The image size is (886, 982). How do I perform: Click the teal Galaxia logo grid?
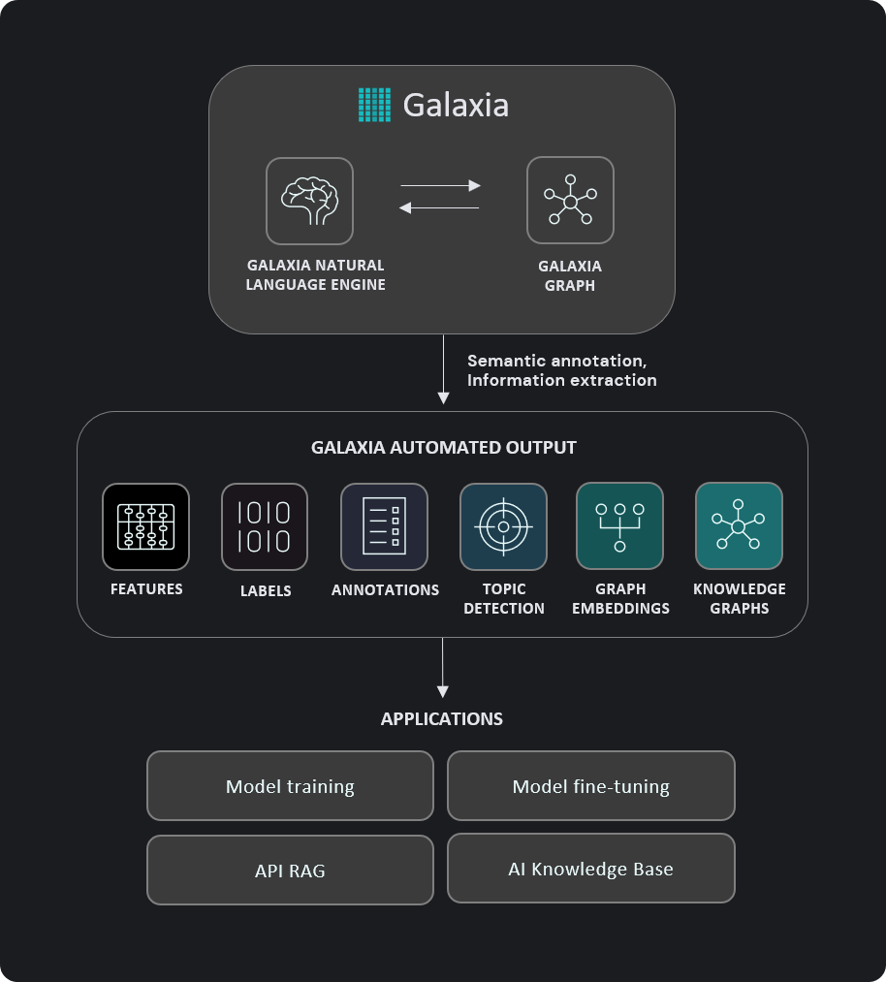tap(374, 105)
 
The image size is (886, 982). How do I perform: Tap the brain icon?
tap(309, 201)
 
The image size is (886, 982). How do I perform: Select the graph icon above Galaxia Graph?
tap(570, 201)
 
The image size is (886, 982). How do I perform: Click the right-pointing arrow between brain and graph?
tap(441, 185)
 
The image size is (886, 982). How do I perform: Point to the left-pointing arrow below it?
tap(440, 207)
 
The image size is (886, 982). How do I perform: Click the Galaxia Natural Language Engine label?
tap(315, 274)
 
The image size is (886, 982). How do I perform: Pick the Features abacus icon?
tap(145, 526)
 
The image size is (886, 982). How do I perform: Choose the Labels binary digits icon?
tap(265, 526)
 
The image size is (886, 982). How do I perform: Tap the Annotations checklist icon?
tap(384, 526)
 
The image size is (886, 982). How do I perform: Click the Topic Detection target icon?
tap(503, 526)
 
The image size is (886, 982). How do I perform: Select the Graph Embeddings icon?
tap(619, 526)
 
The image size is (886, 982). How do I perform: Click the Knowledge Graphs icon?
tap(739, 526)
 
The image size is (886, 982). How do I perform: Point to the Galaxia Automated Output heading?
tap(444, 448)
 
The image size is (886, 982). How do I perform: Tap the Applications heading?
tap(442, 719)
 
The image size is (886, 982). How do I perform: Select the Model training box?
tap(290, 786)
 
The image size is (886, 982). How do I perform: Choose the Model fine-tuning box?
tap(590, 786)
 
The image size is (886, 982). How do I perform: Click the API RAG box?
tap(290, 871)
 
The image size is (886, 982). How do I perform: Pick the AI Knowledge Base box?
tap(590, 870)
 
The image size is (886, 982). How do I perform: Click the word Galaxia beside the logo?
tap(456, 105)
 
